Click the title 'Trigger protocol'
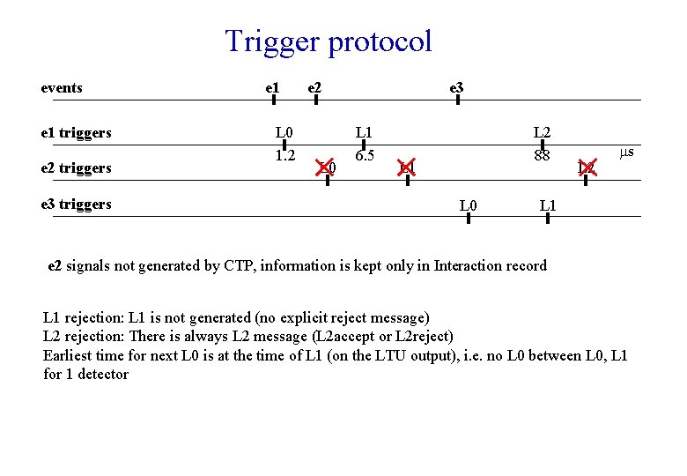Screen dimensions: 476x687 (329, 41)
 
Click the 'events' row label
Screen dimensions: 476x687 (62, 88)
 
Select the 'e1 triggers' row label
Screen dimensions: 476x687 (77, 133)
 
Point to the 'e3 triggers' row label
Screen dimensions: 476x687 (77, 205)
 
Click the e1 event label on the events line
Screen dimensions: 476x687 (273, 88)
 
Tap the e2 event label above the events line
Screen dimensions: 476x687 (314, 88)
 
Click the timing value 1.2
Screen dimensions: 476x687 (284, 157)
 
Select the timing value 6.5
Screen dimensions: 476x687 (364, 157)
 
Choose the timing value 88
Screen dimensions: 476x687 (542, 157)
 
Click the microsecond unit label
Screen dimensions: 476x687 (626, 153)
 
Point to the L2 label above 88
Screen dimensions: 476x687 (542, 133)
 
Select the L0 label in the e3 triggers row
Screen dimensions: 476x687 (469, 206)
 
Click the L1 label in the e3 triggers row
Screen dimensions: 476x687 (548, 206)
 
